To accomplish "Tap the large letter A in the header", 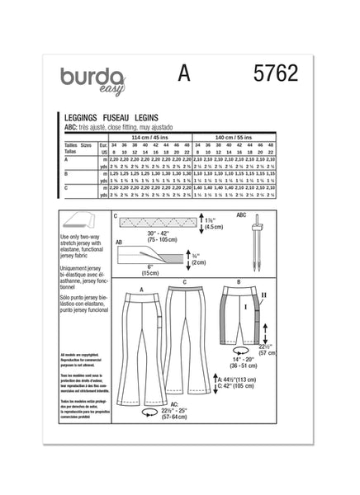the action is pyautogui.click(x=184, y=75).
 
